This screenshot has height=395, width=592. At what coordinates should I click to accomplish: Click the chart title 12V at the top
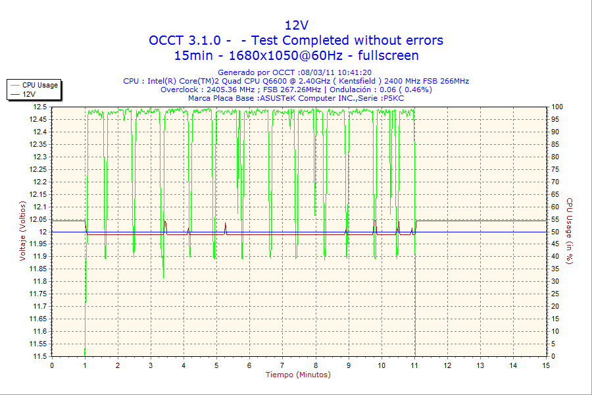(x=296, y=25)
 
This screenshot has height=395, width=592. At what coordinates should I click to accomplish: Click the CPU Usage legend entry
(x=39, y=85)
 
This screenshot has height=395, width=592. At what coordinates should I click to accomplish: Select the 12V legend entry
(x=29, y=94)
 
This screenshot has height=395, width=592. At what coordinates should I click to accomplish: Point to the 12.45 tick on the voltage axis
(x=38, y=119)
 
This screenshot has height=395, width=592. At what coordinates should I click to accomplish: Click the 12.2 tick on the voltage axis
(x=41, y=182)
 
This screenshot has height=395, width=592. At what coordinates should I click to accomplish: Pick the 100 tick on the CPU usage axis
(x=556, y=107)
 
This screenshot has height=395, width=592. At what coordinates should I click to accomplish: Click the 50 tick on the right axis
(x=555, y=232)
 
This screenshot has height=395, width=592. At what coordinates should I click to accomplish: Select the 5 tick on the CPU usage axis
(x=553, y=344)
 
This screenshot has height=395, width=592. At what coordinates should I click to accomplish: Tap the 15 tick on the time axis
(x=546, y=365)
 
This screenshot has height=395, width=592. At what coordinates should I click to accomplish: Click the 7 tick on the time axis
(x=282, y=365)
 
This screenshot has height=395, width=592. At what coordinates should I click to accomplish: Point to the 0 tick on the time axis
(x=52, y=365)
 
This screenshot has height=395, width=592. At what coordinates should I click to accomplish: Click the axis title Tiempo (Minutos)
(x=298, y=375)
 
